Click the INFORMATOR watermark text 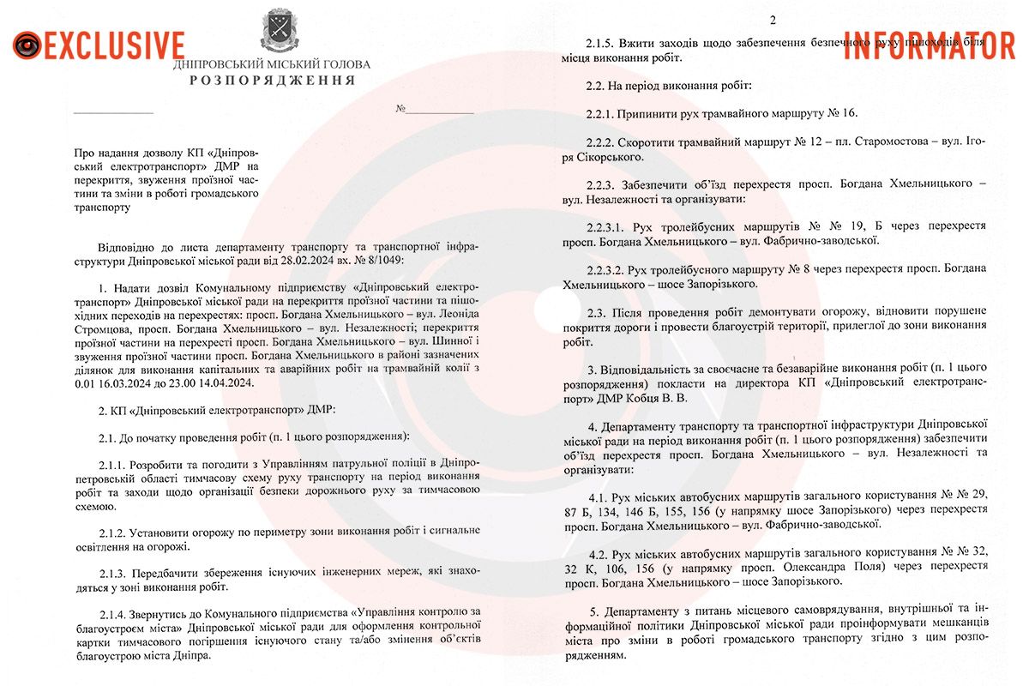pos(930,45)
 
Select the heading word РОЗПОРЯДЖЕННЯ pos(272,81)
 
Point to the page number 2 pos(772,21)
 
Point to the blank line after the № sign pos(439,112)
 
